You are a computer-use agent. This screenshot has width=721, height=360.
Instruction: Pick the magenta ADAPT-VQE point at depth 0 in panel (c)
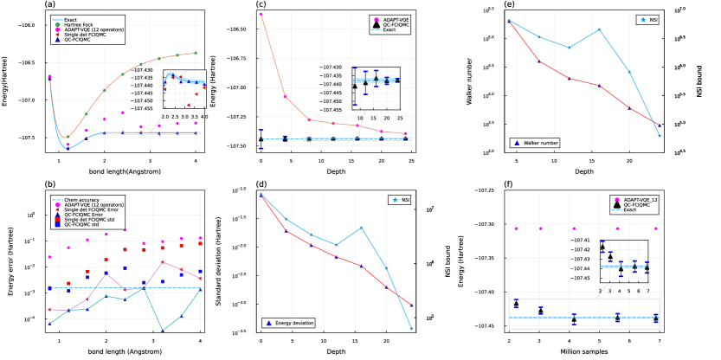(261, 15)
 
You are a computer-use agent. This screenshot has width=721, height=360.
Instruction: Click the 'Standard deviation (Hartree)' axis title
(234, 255)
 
